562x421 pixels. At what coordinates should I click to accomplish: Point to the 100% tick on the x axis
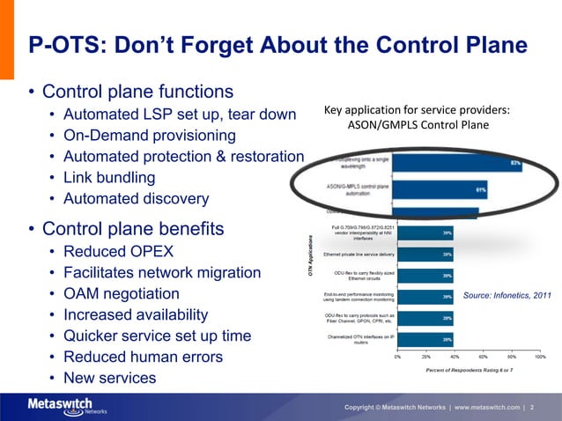pos(539,357)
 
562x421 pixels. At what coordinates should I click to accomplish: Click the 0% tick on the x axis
pos(398,357)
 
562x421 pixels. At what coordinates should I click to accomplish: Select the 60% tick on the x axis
pos(483,357)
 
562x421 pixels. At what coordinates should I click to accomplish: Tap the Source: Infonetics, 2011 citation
pos(507,295)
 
